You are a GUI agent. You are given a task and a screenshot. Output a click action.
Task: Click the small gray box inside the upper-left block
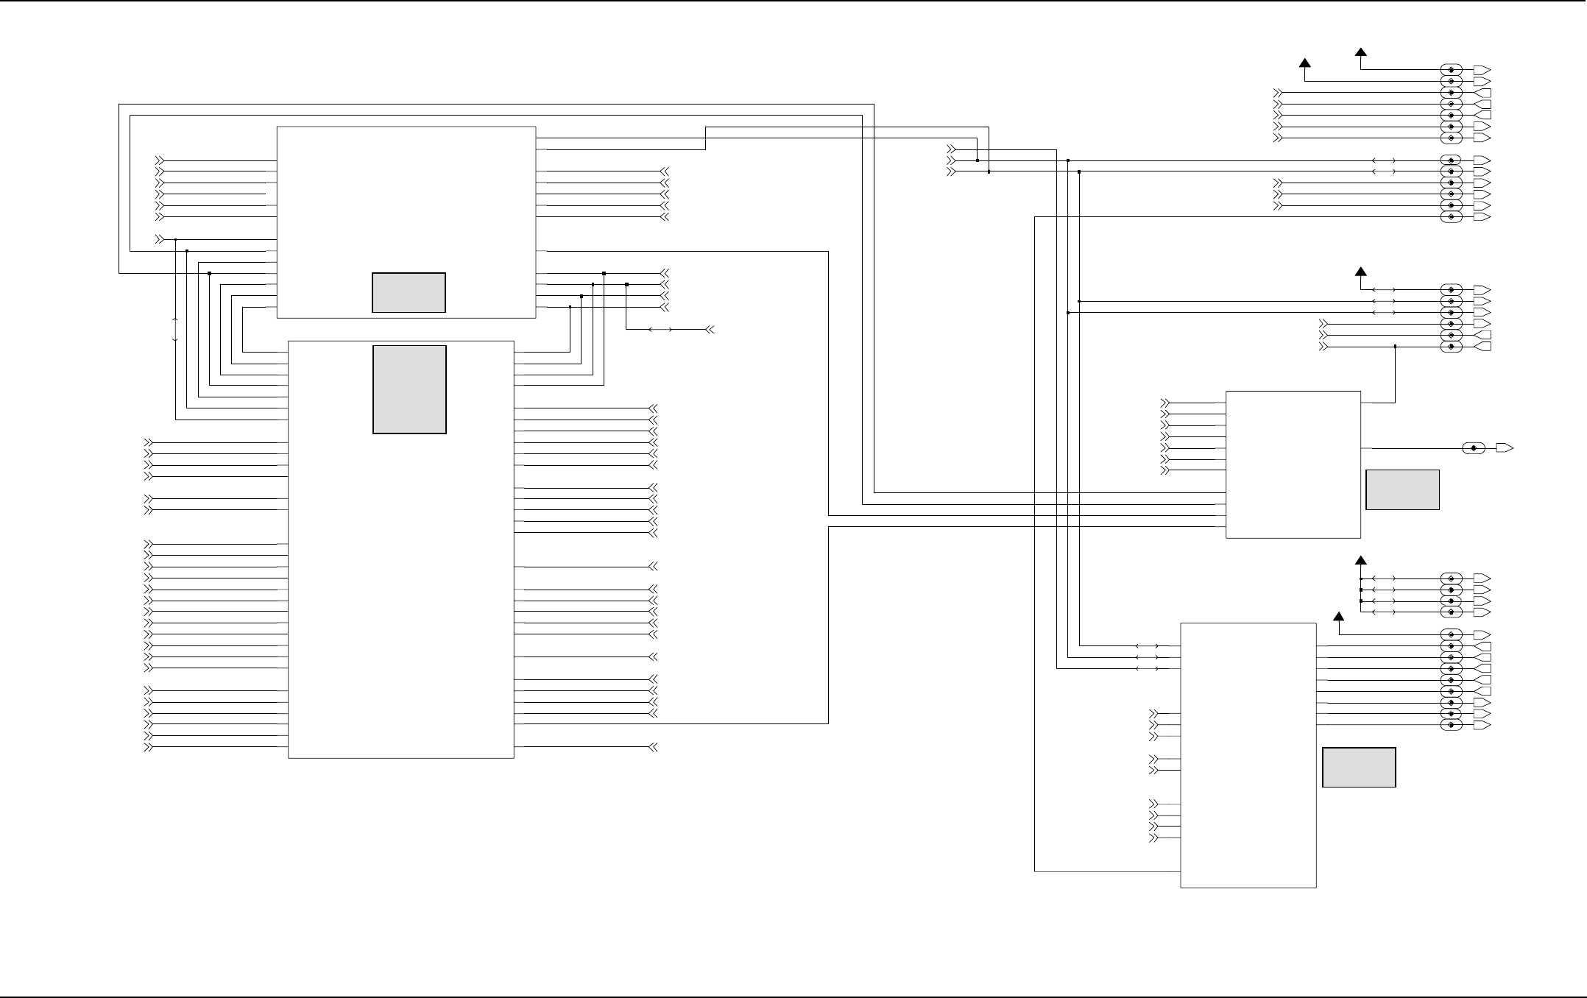409,292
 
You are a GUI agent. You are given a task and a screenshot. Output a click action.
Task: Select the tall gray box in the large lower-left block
409,389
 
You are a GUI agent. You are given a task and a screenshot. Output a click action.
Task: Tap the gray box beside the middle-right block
1402,489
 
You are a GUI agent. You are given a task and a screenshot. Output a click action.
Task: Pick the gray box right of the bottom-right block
1359,767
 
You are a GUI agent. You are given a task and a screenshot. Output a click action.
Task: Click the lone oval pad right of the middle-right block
1474,448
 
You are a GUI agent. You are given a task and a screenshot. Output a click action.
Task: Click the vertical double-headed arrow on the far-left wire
175,329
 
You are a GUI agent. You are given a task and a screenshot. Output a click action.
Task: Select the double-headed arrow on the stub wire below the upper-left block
660,330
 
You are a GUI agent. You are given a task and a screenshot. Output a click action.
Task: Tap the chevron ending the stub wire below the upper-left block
710,330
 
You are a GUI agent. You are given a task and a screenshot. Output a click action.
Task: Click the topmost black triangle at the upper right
1360,52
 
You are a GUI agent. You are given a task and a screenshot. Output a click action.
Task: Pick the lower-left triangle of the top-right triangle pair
1305,63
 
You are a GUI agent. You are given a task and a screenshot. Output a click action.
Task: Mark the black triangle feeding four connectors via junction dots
1360,561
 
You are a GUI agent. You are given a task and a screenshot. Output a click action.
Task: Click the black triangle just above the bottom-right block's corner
1338,617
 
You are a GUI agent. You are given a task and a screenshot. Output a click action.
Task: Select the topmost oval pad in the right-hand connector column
1451,70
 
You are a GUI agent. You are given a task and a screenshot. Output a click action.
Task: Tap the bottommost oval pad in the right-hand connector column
1451,726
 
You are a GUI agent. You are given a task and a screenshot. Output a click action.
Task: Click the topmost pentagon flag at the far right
1482,70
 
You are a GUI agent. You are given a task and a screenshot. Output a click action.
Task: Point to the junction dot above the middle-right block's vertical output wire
1395,346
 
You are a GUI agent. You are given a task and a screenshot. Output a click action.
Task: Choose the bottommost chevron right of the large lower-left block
652,747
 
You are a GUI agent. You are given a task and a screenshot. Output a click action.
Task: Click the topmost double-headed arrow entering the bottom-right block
1147,646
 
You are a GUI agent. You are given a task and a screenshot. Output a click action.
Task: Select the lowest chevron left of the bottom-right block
1153,838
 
